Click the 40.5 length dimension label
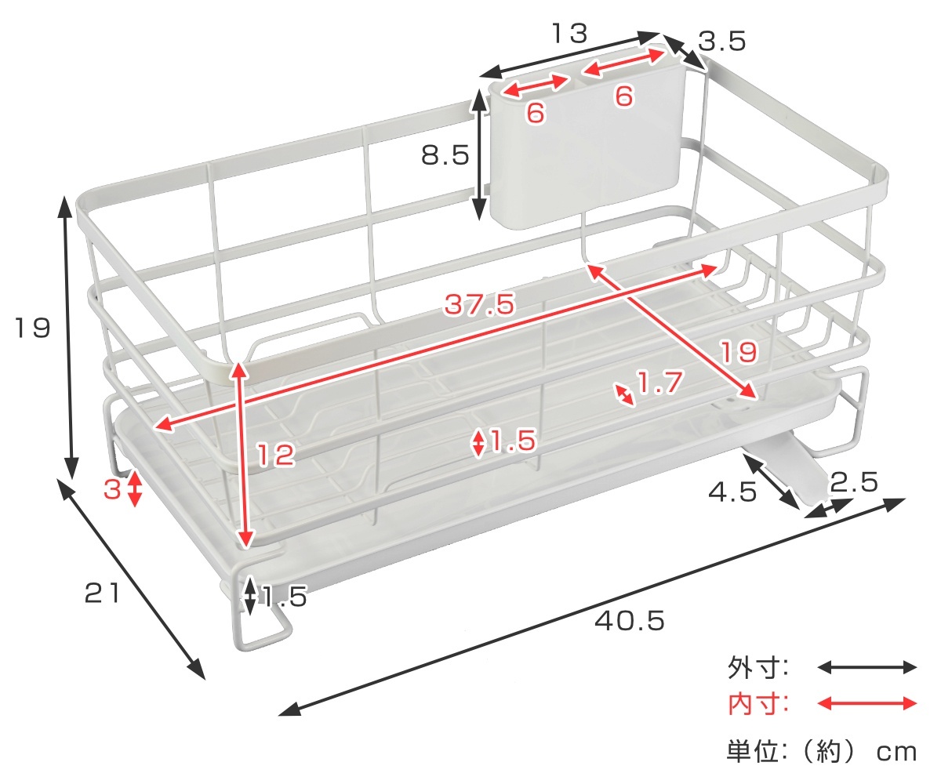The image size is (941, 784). click(629, 621)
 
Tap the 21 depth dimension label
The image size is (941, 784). click(102, 593)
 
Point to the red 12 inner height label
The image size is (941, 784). click(276, 454)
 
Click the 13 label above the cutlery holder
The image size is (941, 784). click(569, 34)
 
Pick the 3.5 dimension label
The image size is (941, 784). click(722, 41)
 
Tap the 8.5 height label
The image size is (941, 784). click(445, 155)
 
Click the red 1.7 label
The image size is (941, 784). click(659, 383)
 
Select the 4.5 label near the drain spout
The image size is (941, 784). click(732, 492)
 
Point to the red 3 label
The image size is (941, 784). click(112, 489)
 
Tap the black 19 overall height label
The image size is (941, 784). click(32, 328)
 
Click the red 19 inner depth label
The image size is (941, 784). click(738, 352)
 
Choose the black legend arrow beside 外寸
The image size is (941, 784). click(867, 667)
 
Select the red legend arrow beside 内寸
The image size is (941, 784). click(867, 703)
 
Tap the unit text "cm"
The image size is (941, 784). click(896, 753)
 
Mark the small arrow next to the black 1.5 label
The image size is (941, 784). click(250, 596)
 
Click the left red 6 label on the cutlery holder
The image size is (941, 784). click(536, 112)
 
